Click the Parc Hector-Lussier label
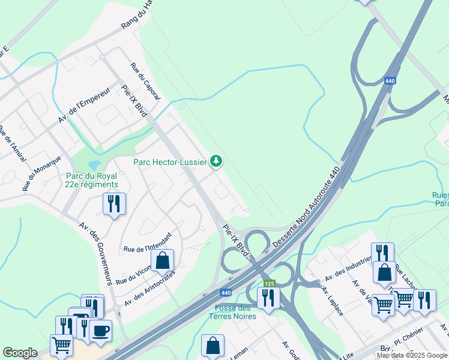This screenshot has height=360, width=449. tap(170, 161)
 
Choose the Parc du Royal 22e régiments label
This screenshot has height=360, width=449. tap(92, 180)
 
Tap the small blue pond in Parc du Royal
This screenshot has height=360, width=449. tap(94, 164)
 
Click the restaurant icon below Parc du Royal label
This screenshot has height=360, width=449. tap(113, 204)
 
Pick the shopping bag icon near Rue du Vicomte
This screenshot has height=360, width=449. tap(162, 261)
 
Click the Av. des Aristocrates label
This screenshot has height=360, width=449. tap(149, 287)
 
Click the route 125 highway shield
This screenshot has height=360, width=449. tap(268, 281)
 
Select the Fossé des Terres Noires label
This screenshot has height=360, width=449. tap(235, 312)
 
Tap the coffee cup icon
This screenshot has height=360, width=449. tap(100, 331)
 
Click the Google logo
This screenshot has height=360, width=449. tap(20, 353)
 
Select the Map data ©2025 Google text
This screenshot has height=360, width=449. tap(412, 355)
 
